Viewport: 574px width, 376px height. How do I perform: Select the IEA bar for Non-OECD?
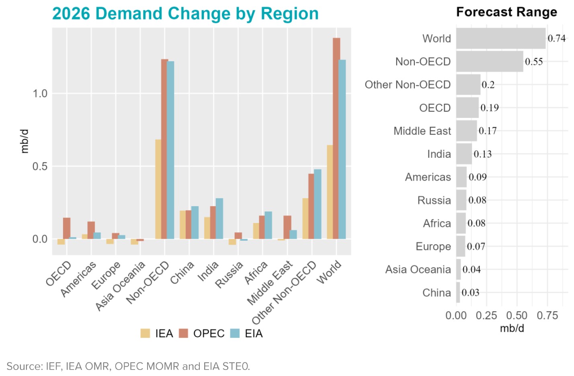click(158, 189)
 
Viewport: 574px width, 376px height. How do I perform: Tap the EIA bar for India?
click(219, 219)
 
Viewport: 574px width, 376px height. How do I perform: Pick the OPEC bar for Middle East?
click(287, 227)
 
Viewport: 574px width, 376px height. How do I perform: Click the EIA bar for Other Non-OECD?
click(318, 204)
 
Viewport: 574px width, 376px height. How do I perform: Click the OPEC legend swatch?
click(184, 333)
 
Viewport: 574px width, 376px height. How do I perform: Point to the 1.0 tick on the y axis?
click(40, 94)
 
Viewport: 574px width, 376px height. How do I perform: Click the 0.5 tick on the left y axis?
click(40, 167)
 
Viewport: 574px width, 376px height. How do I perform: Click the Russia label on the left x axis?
click(230, 275)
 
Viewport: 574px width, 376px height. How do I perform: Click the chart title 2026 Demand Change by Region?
click(185, 13)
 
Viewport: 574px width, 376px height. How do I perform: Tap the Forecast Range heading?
click(506, 12)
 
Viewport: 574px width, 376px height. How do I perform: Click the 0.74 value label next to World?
click(556, 38)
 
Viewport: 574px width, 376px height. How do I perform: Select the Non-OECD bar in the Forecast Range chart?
click(490, 61)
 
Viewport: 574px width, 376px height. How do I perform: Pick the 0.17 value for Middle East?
click(488, 131)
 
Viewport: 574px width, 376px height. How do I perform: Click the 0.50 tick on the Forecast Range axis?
click(517, 315)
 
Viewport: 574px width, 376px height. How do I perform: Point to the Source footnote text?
click(128, 366)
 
